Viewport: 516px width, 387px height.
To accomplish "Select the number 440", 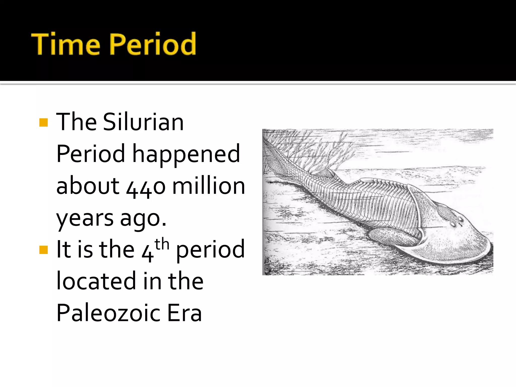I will coord(146,187).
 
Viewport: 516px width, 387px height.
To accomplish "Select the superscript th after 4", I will coord(162,244).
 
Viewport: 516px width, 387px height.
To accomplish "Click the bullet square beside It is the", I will coord(44,250).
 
